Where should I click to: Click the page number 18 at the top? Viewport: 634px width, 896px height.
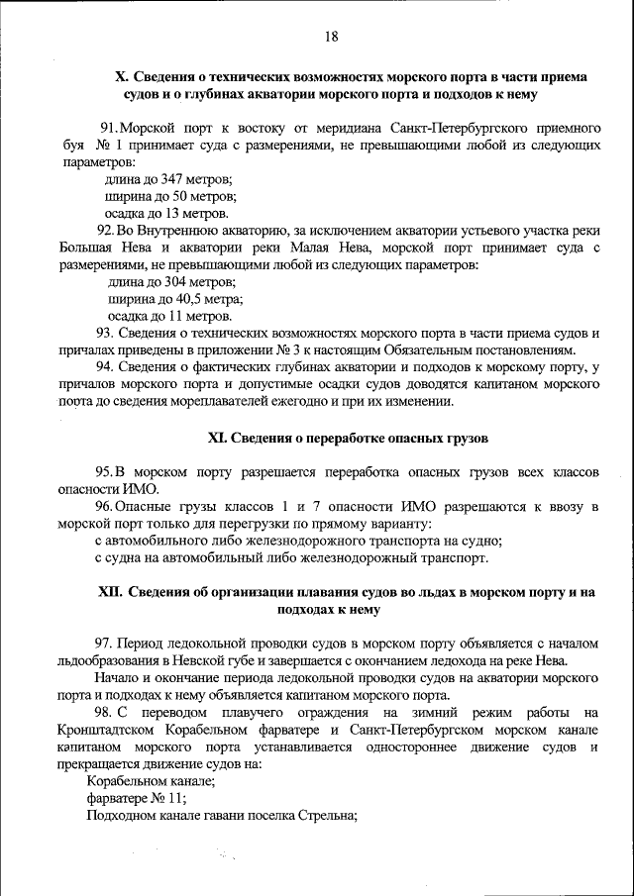pos(331,37)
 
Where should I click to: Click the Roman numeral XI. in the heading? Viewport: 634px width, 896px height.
pos(218,437)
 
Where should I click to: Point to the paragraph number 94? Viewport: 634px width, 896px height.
pos(107,367)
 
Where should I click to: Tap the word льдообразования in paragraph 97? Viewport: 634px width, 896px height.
pos(107,660)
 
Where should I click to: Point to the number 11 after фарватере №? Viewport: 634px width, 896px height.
pos(175,799)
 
